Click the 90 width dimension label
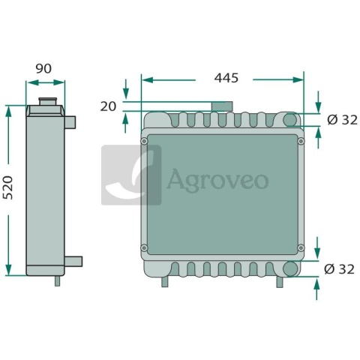[43, 69]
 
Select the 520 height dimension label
[7, 187]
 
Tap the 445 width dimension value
[226, 78]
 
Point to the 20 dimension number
[108, 106]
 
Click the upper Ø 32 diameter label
[342, 120]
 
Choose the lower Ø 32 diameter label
[339, 269]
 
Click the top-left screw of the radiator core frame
[144, 141]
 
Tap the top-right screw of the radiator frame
[301, 141]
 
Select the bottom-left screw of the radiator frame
[144, 247]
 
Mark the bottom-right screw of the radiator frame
[301, 247]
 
